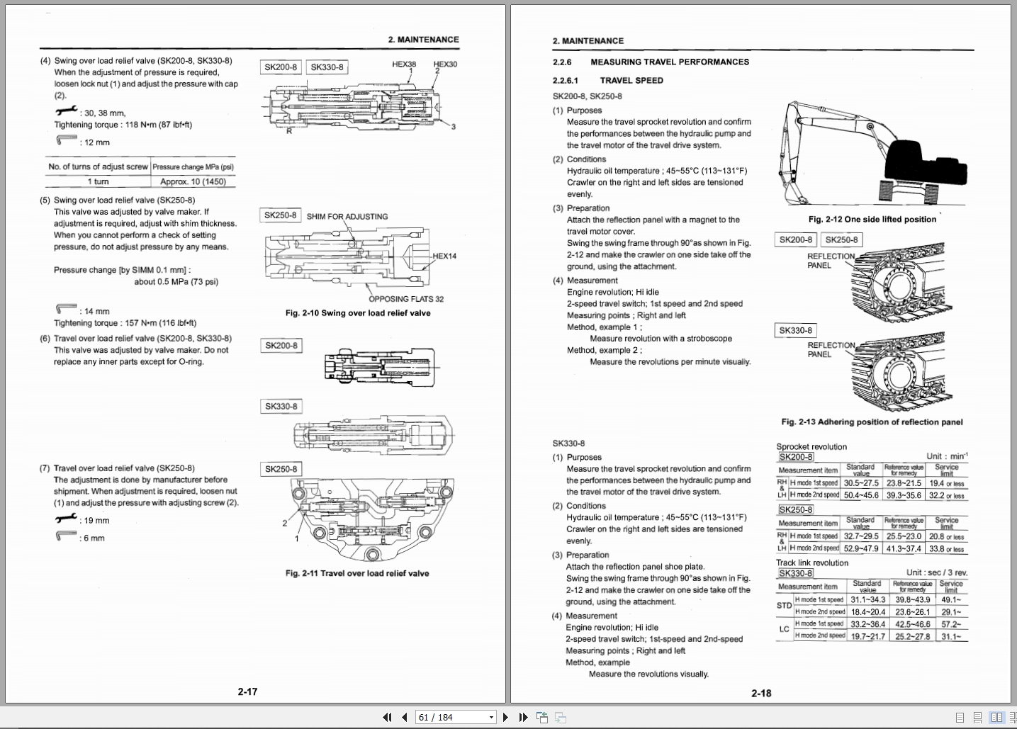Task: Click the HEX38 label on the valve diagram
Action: tap(404, 64)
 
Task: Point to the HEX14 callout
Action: tap(444, 256)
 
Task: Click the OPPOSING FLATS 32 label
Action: tap(405, 299)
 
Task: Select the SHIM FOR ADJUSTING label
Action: tap(347, 216)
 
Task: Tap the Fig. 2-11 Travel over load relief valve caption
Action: tap(357, 573)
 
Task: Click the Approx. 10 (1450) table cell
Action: tap(193, 181)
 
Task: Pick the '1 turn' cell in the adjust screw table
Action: tap(98, 181)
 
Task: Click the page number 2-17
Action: tap(247, 691)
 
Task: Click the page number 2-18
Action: tap(761, 693)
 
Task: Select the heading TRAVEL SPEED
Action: tap(631, 80)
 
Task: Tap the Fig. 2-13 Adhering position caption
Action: tap(872, 422)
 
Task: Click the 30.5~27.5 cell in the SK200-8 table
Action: tap(861, 483)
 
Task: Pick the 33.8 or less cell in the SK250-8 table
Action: tap(946, 548)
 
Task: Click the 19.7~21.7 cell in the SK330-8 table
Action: tap(867, 636)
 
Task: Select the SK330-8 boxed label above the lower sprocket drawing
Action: tap(795, 330)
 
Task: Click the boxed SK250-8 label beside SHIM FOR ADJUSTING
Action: tap(281, 215)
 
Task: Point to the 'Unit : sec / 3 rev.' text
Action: tap(936, 572)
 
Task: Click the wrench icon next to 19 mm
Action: tap(66, 519)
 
